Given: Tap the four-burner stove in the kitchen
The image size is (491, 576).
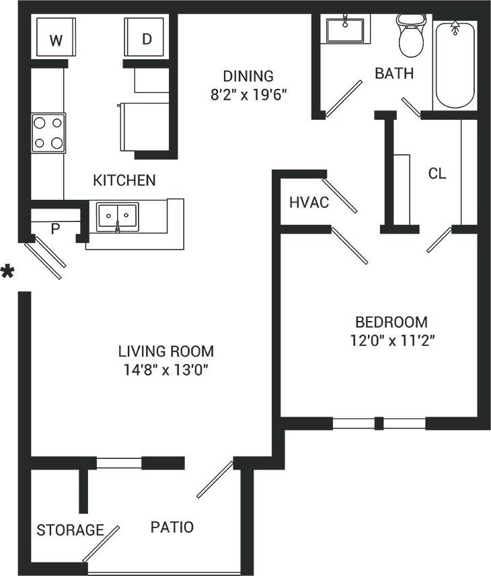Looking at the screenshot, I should pos(48,133).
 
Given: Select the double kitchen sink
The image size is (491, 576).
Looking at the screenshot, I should pos(117,216).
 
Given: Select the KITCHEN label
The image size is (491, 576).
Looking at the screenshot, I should pos(124,180).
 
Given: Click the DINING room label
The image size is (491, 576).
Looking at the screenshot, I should pos(248,76).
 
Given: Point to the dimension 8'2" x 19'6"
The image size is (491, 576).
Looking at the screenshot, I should pos(248,94).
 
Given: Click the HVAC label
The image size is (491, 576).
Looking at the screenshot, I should pos(309,203).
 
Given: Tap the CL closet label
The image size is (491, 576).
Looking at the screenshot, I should pos(437,174).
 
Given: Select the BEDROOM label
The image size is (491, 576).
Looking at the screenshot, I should pos(391,322).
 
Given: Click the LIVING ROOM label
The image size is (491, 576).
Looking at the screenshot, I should pos(166,351).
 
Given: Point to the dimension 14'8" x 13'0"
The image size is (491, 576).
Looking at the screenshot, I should pos(166,369).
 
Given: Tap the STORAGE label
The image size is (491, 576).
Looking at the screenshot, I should pos(70,530).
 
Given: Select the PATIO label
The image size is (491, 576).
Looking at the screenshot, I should pos(172,527).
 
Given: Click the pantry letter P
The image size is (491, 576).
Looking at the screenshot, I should pos(56,229).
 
